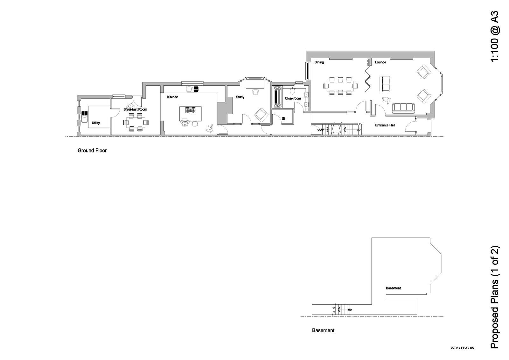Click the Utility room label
click(96, 123)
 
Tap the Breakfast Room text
click(135, 109)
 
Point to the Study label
click(240, 97)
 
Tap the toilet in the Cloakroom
click(292, 91)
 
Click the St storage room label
click(283, 119)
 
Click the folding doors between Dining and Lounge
click(368, 78)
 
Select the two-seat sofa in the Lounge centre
click(386, 83)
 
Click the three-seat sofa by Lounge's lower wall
click(403, 108)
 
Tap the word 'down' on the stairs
click(321, 130)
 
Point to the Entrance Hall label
click(385, 125)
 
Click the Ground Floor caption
click(92, 151)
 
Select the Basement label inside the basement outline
click(393, 288)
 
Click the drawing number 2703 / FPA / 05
click(462, 348)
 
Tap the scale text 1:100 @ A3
click(495, 37)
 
